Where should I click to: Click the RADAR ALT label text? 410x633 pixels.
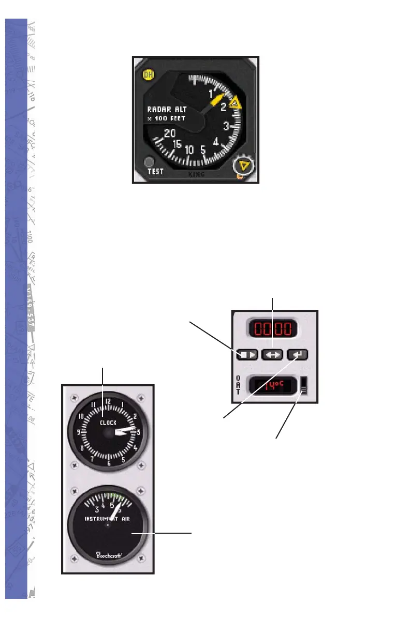click(167, 109)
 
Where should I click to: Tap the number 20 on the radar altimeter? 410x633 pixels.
click(169, 133)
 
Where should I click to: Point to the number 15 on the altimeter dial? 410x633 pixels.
click(178, 144)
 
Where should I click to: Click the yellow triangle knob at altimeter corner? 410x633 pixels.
click(241, 166)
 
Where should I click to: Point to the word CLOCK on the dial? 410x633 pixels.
click(108, 423)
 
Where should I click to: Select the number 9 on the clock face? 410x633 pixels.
click(78, 432)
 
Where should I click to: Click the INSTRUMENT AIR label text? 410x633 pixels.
click(108, 518)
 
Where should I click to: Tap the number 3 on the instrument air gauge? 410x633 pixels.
click(97, 508)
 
